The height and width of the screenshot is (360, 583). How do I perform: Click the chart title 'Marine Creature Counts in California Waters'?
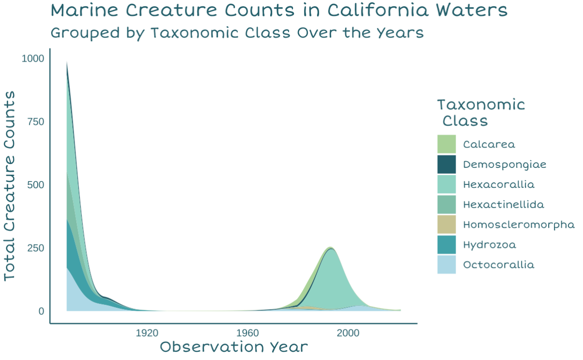click(279, 11)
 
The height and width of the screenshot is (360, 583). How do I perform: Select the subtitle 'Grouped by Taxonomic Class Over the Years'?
click(237, 33)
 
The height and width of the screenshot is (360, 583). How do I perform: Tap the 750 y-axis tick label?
click(36, 122)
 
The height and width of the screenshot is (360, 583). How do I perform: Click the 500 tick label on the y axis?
click(36, 185)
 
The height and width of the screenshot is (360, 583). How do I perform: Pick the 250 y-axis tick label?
click(36, 248)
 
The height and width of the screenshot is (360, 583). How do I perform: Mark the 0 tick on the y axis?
click(42, 311)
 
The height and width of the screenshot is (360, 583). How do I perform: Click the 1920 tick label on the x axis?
click(147, 333)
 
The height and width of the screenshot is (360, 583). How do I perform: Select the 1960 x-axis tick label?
click(248, 333)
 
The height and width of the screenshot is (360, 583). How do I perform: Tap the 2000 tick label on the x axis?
click(348, 333)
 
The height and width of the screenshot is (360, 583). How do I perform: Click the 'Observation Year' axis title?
click(234, 347)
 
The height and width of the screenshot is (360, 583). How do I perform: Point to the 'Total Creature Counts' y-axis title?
click(10, 185)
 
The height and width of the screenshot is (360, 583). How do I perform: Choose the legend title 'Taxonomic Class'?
click(481, 112)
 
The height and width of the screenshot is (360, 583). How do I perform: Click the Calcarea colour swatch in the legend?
click(446, 144)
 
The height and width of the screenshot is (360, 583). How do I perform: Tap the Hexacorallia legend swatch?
click(446, 184)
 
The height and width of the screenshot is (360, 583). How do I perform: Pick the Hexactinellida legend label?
click(503, 205)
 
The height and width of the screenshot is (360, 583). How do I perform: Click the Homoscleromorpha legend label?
click(519, 225)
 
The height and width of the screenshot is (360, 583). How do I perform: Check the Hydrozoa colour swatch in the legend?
click(446, 245)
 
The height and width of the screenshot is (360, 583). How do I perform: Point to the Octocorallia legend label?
click(499, 265)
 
